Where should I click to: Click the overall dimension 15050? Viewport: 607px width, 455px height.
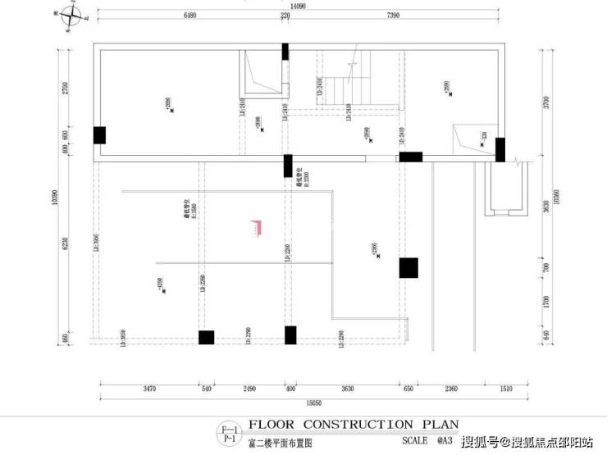[x=315, y=403]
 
